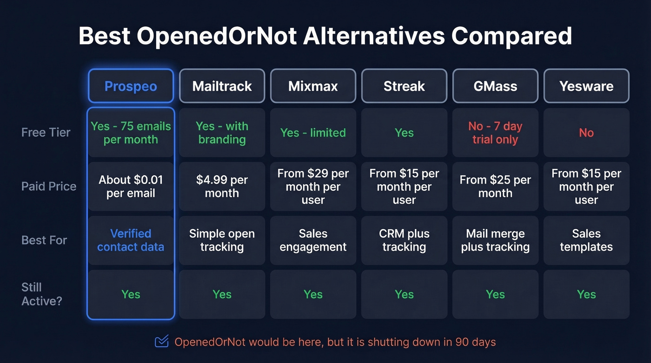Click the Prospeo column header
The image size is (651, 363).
(131, 86)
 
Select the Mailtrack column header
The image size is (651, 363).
(222, 86)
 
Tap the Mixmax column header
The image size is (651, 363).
(313, 86)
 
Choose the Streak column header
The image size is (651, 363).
(404, 86)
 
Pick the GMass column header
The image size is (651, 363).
(495, 86)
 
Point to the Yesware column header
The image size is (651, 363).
(586, 86)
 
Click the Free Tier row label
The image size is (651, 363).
(46, 132)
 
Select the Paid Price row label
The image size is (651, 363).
(48, 186)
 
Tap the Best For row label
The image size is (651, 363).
(44, 240)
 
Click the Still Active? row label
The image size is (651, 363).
(41, 294)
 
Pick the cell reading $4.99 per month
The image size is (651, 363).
(222, 186)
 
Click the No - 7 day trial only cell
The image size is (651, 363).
(495, 132)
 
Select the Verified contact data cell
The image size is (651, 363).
(131, 240)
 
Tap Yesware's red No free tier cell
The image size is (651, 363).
(586, 132)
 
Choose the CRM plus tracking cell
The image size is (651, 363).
(404, 240)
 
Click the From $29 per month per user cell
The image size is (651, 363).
(313, 186)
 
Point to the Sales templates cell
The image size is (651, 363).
(586, 240)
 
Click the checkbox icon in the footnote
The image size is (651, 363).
(161, 342)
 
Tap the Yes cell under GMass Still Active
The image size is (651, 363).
(495, 294)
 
